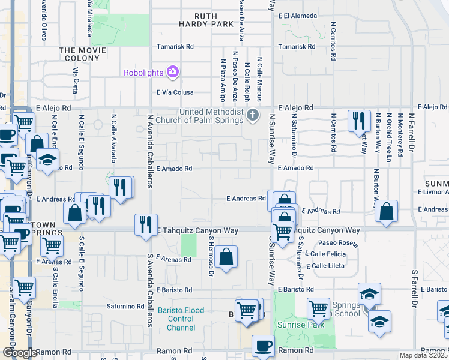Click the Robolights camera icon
click(x=173, y=73)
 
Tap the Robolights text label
click(x=143, y=73)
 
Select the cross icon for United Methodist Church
click(x=253, y=114)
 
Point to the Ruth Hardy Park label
click(x=205, y=20)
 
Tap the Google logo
click(x=19, y=353)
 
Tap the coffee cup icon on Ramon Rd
click(x=263, y=346)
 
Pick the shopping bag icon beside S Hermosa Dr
click(x=226, y=257)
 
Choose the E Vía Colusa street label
click(x=175, y=92)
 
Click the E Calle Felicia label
click(x=327, y=254)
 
